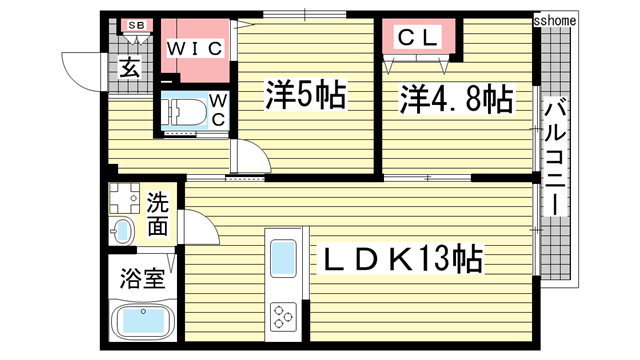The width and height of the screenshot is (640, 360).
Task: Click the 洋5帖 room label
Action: [305, 96]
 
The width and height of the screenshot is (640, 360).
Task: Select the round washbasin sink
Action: [121, 231]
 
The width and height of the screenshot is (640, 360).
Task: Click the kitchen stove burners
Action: [283, 317]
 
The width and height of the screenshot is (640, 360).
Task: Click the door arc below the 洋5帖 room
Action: [251, 159]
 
